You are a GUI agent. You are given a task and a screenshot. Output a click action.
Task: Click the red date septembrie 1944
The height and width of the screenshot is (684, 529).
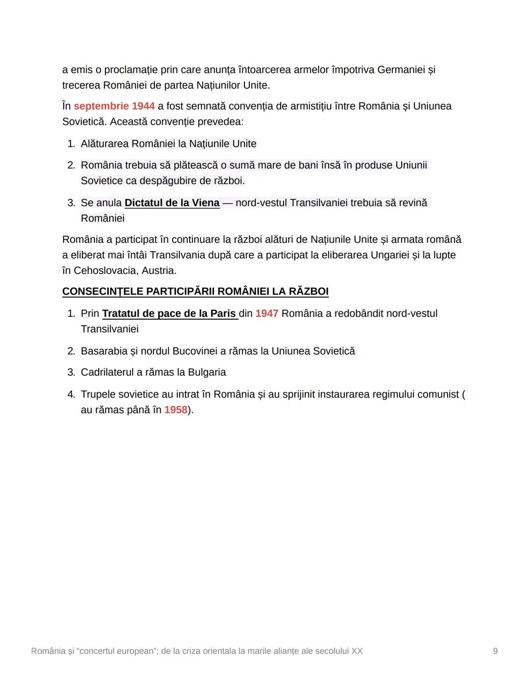[x=114, y=106]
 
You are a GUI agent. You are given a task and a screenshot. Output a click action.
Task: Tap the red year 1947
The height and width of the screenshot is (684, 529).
[x=266, y=313]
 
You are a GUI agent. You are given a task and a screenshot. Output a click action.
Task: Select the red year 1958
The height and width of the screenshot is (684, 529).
[x=176, y=410]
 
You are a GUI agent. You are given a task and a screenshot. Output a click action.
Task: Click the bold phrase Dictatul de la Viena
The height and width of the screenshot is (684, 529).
[x=172, y=203]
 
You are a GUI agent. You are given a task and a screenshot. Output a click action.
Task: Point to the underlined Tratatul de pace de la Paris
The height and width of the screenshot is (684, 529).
[x=169, y=313]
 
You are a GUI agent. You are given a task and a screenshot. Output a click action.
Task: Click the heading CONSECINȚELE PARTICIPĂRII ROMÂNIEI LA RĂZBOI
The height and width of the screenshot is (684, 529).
[x=195, y=291]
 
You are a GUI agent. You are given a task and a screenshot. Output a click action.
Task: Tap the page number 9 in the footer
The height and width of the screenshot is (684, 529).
[x=495, y=651]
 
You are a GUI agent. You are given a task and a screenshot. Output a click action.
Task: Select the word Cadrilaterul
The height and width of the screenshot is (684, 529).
[x=107, y=372]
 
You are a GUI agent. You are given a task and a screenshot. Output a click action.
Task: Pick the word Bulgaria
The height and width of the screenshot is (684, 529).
[x=207, y=372]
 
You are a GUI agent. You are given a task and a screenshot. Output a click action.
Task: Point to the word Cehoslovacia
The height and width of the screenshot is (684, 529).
[x=105, y=270]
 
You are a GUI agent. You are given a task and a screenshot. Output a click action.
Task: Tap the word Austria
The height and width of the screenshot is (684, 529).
[x=159, y=270]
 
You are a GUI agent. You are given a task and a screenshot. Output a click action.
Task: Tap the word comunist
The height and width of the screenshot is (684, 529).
[x=438, y=394]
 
